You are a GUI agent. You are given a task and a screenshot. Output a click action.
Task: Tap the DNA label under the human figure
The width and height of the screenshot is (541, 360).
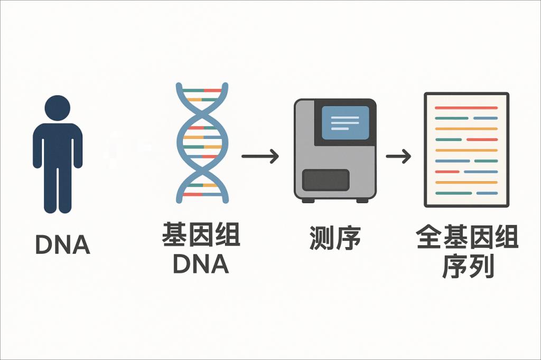pos(62,244)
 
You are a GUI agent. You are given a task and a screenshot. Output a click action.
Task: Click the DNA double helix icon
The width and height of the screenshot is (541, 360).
pos(203,143)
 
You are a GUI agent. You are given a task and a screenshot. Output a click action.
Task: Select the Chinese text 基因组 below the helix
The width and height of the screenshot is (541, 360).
pos(201,235)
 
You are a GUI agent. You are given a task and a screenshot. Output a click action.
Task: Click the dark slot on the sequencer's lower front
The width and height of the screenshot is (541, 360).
pos(325,179)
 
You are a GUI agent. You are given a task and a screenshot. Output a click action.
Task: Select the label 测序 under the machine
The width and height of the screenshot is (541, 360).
pos(335,238)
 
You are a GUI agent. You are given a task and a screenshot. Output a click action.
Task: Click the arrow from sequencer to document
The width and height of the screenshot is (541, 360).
pos(398,156)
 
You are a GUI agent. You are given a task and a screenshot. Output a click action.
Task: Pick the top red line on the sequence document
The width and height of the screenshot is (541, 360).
pos(466,108)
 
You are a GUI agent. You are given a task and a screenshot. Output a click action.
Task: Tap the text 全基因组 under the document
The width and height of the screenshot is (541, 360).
pos(467,238)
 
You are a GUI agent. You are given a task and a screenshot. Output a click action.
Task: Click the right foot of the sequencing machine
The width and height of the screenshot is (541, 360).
pos(362,201)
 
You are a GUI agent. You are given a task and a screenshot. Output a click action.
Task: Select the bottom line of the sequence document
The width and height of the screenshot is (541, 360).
pos(466,193)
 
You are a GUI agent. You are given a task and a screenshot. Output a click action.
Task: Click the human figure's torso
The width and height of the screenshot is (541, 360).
pos(58,145)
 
